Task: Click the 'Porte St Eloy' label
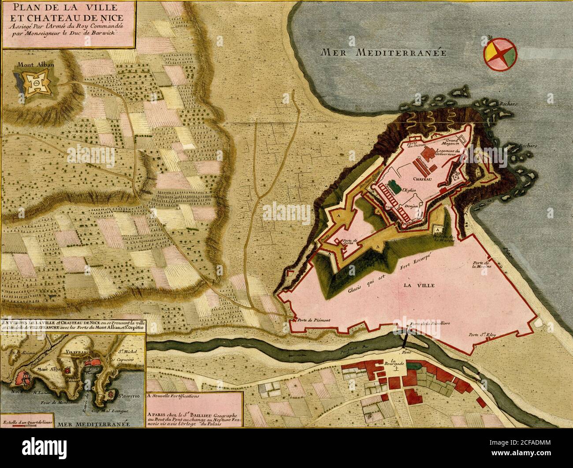coord(482,334)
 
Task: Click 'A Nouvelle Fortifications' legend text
coord(174,396)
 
